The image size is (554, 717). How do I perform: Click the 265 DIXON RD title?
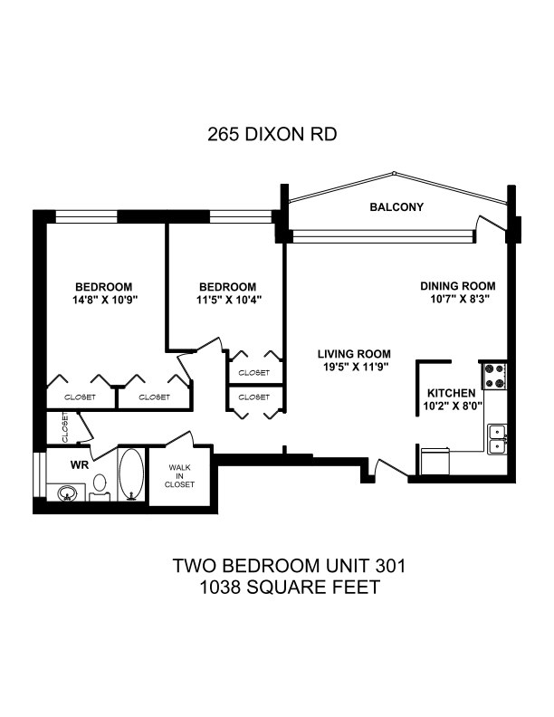pyautogui.click(x=272, y=134)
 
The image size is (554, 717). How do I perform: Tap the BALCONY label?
pyautogui.click(x=396, y=207)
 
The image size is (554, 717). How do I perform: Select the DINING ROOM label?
pyautogui.click(x=457, y=286)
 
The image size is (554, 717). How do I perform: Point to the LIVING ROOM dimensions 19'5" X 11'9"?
pyautogui.click(x=354, y=367)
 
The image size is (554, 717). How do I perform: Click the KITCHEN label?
pyautogui.click(x=451, y=393)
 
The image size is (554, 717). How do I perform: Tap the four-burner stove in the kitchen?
pyautogui.click(x=494, y=376)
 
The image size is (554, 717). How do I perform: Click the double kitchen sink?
pyautogui.click(x=497, y=439)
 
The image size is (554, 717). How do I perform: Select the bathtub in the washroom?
pyautogui.click(x=131, y=474)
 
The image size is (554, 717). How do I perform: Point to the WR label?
pyautogui.click(x=79, y=465)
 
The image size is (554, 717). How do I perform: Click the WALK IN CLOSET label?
pyautogui.click(x=179, y=476)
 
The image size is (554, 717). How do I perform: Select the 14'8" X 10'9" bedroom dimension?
pyautogui.click(x=105, y=301)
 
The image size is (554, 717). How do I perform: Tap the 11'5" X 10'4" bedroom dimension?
pyautogui.click(x=228, y=301)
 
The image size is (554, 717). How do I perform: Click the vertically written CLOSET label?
pyautogui.click(x=65, y=427)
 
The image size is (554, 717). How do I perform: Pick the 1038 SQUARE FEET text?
pyautogui.click(x=290, y=588)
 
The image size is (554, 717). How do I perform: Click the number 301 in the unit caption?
pyautogui.click(x=390, y=566)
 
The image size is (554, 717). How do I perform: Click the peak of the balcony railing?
pyautogui.click(x=394, y=173)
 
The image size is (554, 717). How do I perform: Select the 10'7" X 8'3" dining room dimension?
pyautogui.click(x=457, y=300)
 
